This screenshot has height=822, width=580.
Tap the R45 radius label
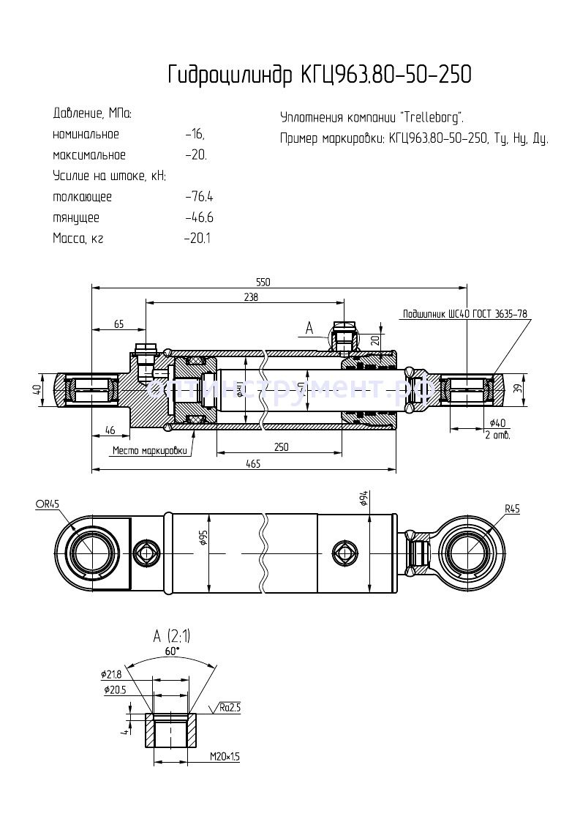tap(511, 509)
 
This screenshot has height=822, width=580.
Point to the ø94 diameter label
tap(364, 500)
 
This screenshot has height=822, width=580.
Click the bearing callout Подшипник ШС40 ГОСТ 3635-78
tap(464, 314)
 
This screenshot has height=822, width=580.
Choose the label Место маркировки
tap(148, 451)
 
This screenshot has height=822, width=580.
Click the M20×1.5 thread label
tap(225, 756)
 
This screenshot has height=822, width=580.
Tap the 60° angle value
tap(172, 650)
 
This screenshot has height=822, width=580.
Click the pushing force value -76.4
tap(199, 197)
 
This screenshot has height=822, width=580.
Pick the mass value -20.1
tap(197, 239)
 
